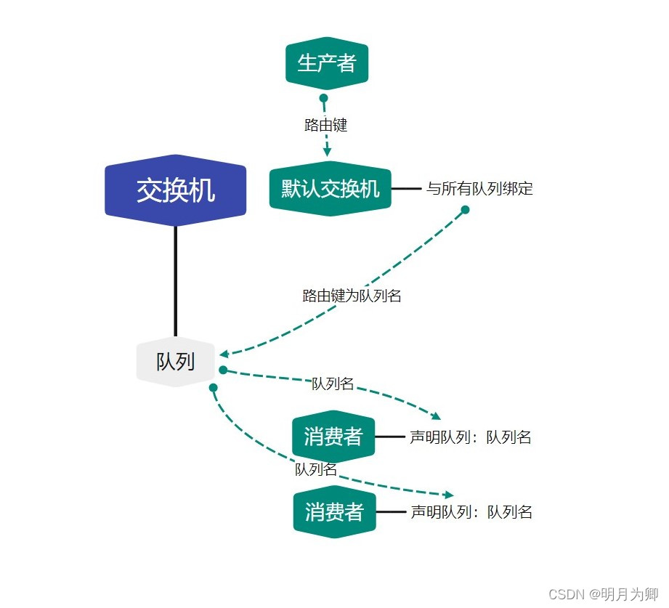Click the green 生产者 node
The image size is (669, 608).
coord(327,63)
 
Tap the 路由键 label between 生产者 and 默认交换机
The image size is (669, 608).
coord(325,125)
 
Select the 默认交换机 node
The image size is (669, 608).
coord(331,189)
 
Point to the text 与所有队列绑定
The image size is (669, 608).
coord(479,189)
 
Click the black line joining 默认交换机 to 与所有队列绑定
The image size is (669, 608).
coord(406,189)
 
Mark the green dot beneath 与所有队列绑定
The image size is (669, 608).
coord(465,210)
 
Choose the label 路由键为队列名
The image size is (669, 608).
coord(352,296)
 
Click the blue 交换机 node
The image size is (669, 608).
coord(176,190)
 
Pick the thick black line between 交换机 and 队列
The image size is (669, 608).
coord(176,280)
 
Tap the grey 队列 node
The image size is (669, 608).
coord(176,361)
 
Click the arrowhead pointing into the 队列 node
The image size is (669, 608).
coord(224,354)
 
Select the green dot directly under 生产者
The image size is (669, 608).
coord(323,98)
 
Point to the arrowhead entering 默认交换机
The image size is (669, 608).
coord(328,152)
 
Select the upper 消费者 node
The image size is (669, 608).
coord(333,437)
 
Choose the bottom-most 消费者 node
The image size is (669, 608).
coord(334,512)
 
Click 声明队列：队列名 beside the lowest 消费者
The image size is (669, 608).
coord(471,512)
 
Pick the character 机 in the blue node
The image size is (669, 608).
coord(203,190)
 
